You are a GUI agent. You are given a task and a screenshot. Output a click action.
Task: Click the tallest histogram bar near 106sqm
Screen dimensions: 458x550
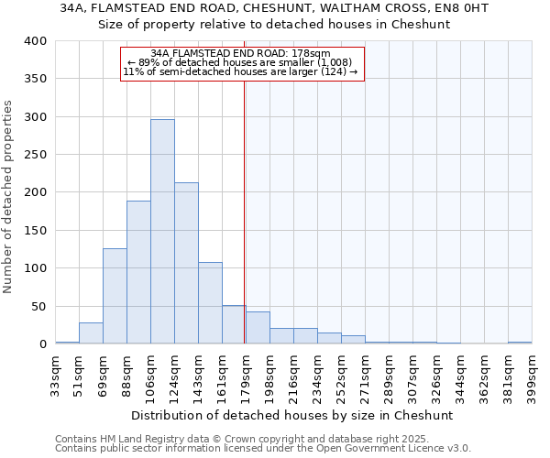coord(162,232)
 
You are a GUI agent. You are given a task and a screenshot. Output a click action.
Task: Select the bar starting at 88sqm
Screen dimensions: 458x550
coord(138,272)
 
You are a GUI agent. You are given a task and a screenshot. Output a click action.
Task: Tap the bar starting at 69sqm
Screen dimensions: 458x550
coord(115,296)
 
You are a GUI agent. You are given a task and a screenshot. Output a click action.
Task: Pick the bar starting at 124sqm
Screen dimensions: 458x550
coord(186,263)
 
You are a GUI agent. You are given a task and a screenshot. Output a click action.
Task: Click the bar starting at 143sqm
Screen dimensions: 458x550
coord(210,303)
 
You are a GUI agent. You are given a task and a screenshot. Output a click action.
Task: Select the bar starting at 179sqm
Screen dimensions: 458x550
coord(258,328)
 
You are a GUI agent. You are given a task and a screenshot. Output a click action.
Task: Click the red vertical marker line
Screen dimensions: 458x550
coord(244,211)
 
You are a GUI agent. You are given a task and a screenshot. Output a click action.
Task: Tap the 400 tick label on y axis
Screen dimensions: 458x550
coord(35,41)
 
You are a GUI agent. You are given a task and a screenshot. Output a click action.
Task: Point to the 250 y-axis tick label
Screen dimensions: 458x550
coord(35,155)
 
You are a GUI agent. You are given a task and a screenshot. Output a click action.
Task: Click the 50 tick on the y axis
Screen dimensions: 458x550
coord(38,306)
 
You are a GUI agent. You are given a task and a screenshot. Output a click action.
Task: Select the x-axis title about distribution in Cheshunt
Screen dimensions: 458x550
coord(292,415)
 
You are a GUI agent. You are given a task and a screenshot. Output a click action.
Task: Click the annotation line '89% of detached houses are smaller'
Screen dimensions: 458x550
coord(243,62)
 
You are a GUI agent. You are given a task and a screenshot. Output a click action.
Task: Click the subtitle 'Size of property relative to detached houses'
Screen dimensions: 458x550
coord(274,24)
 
